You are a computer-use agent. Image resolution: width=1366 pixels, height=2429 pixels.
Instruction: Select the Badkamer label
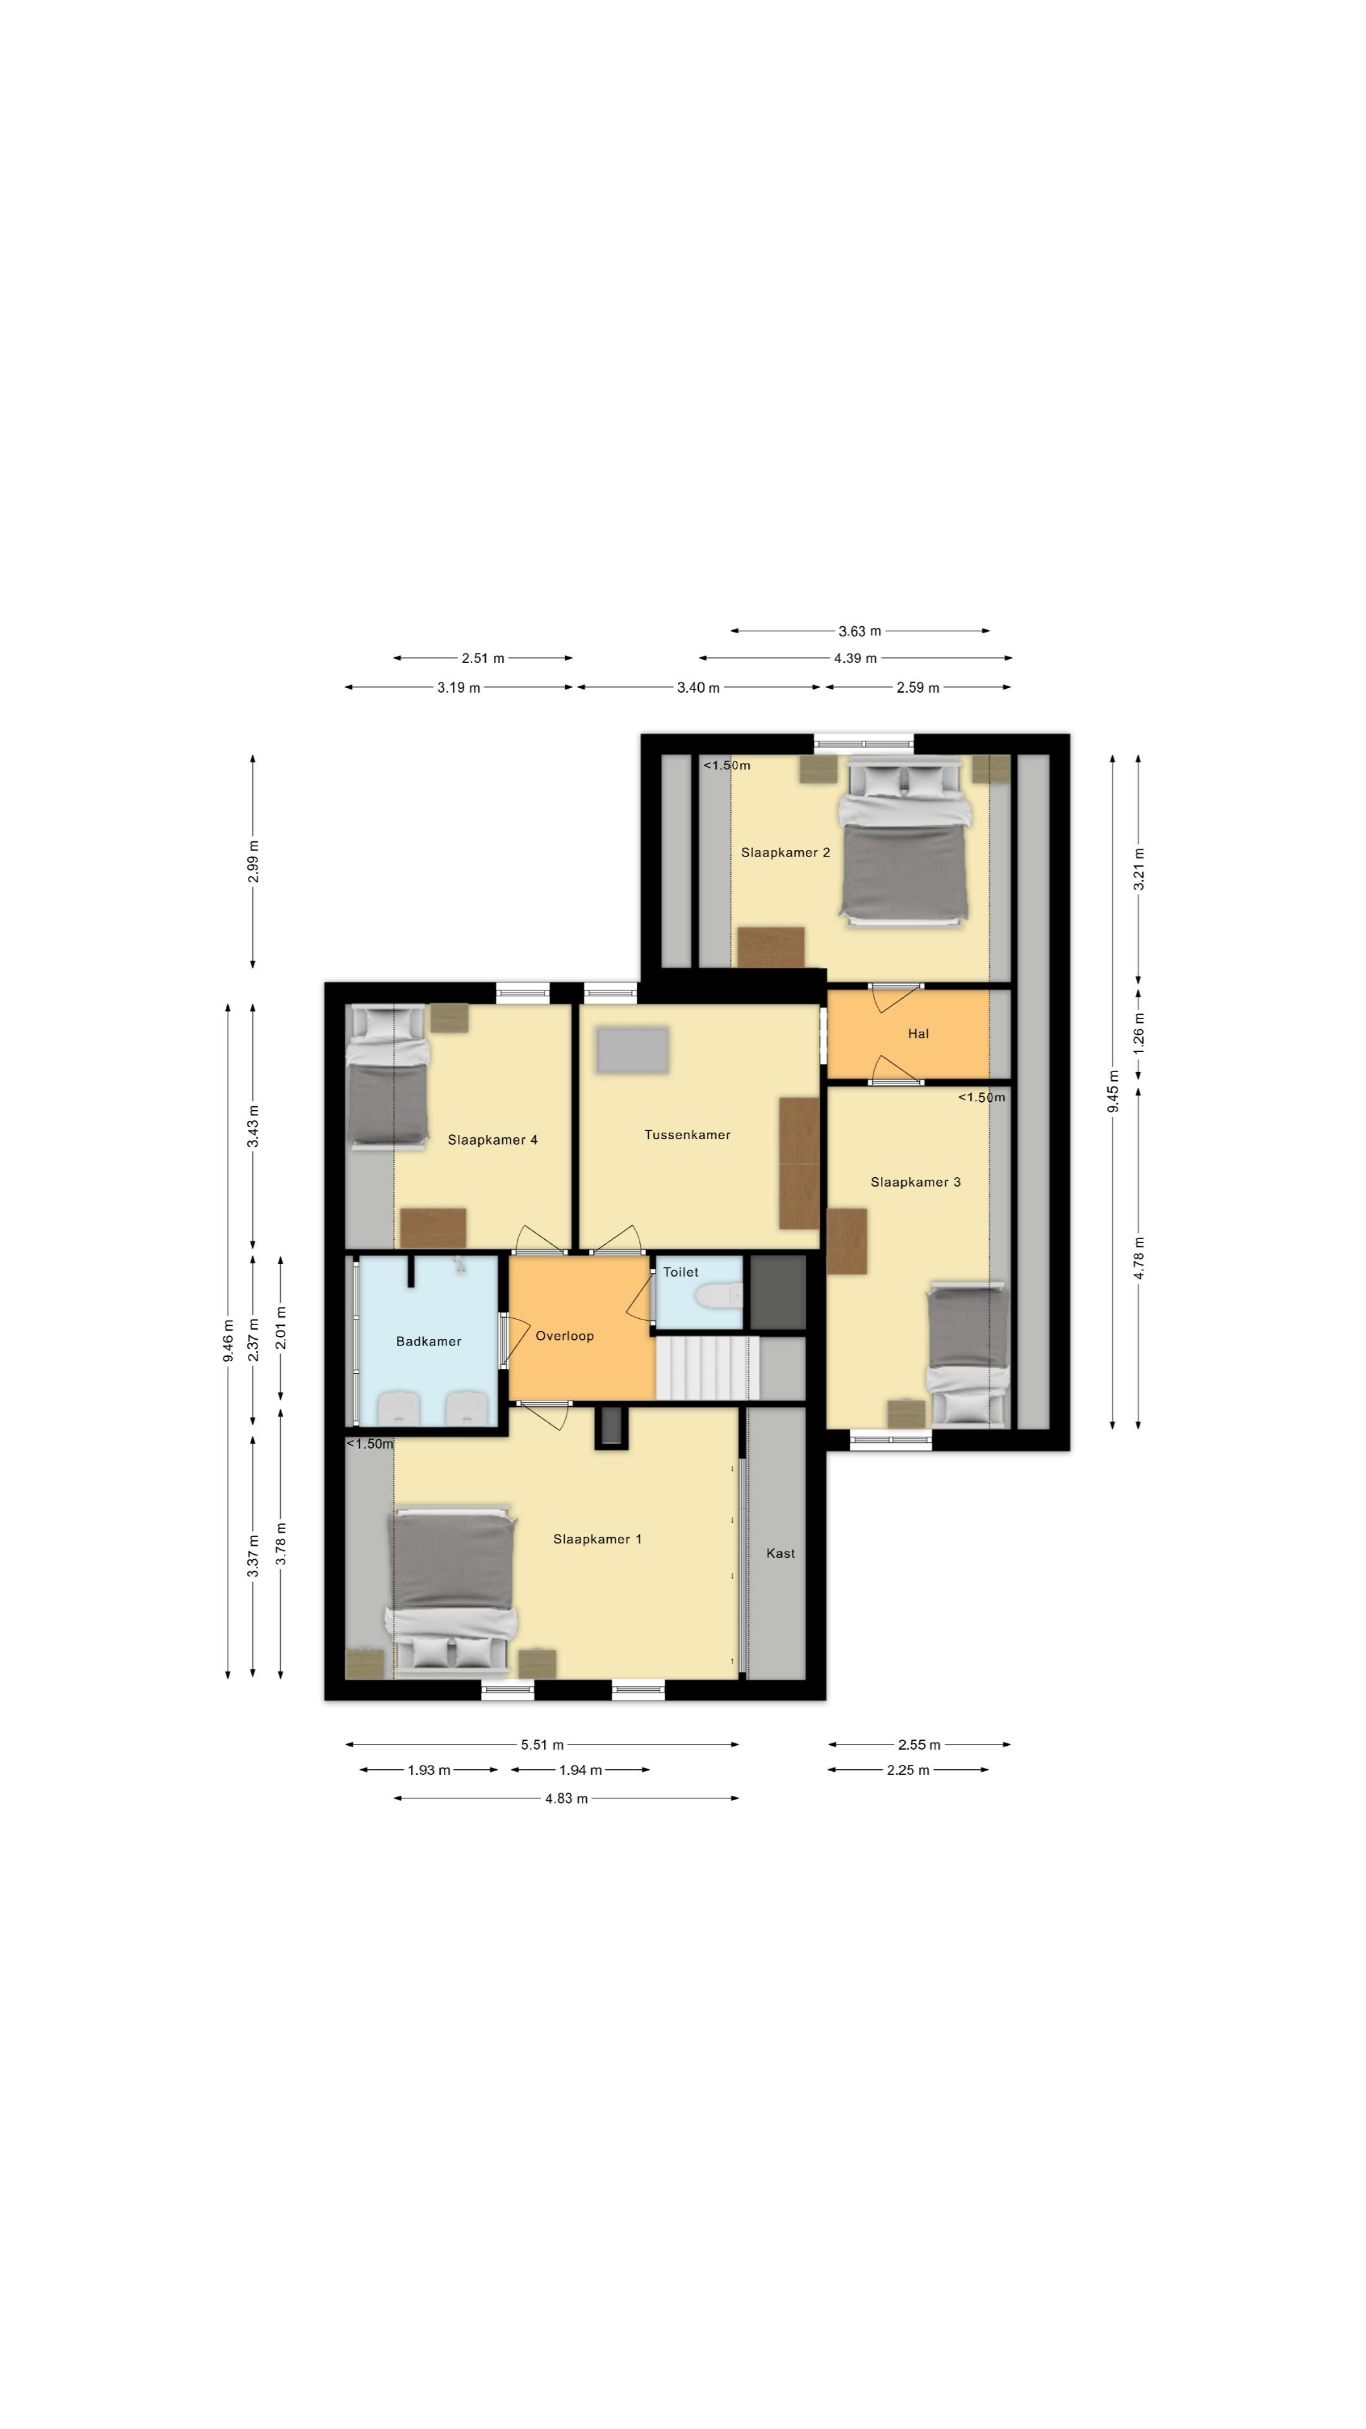[429, 1341]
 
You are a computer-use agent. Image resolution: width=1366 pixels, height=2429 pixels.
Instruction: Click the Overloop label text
[565, 1335]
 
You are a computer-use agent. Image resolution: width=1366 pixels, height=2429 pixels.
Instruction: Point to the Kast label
[780, 1553]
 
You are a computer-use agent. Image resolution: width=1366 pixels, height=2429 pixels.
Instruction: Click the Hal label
[918, 1034]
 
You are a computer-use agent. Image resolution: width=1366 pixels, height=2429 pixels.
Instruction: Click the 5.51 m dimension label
[542, 1745]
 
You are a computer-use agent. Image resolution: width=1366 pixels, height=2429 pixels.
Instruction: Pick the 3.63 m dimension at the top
[860, 631]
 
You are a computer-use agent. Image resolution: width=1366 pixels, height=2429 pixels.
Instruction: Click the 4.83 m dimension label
[565, 1798]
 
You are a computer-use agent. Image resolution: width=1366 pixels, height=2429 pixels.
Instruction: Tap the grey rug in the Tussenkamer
[632, 1049]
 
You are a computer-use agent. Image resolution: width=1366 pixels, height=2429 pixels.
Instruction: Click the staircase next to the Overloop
[707, 1367]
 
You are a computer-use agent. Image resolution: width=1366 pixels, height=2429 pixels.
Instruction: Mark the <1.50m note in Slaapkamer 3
[981, 1097]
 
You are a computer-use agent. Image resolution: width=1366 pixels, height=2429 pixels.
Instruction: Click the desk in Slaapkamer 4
[433, 1228]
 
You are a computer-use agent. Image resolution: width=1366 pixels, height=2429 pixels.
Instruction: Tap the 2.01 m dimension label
[281, 1328]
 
